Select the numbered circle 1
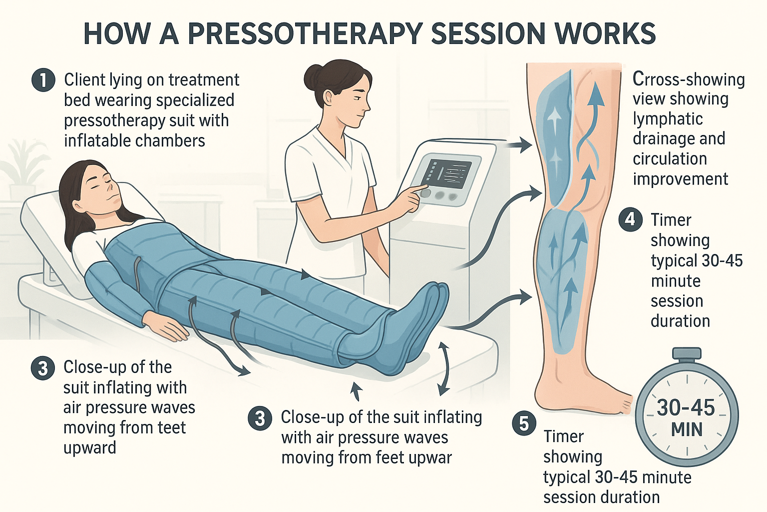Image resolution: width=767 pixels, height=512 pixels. click(43, 80)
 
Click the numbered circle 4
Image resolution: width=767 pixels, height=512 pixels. click(630, 220)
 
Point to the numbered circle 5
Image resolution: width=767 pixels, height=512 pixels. click(524, 423)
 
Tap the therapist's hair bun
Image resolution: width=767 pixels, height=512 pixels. click(313, 76)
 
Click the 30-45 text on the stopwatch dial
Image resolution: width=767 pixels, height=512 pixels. click(686, 408)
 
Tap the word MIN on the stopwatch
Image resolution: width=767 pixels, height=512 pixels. click(687, 430)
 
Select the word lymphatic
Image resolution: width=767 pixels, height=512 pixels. click(668, 119)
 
